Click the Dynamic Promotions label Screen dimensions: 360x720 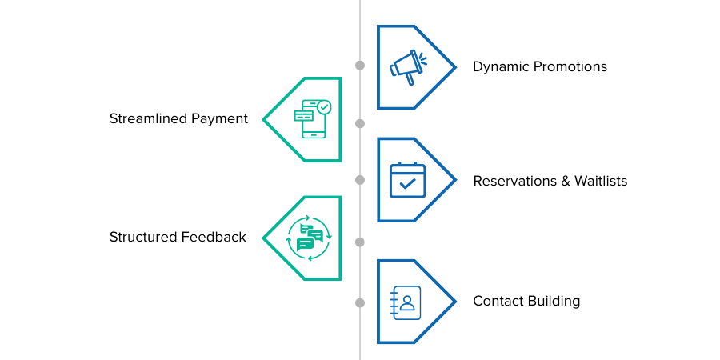coord(540,66)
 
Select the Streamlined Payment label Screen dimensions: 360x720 coord(178,119)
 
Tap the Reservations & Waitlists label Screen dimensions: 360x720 coord(550,181)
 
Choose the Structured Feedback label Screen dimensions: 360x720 coord(178,237)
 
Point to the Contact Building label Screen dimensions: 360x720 coord(526,302)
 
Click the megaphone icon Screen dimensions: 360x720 coord(407,66)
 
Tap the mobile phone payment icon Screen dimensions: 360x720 coord(312,119)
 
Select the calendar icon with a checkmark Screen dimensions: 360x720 coord(407,180)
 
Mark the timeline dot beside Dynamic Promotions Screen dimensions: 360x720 coord(360,65)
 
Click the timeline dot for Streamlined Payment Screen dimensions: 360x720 coord(360,123)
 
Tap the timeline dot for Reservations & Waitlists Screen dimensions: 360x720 coord(360,180)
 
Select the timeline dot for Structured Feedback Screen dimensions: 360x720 coord(360,242)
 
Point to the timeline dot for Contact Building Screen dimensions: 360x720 coord(360,302)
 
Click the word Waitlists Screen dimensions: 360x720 coord(600,181)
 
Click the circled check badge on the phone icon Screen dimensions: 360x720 coord(323,106)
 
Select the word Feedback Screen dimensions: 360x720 coord(214,237)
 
